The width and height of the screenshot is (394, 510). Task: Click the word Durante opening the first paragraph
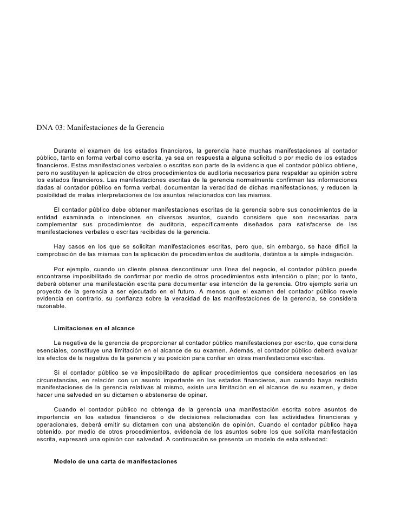click(x=68, y=150)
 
